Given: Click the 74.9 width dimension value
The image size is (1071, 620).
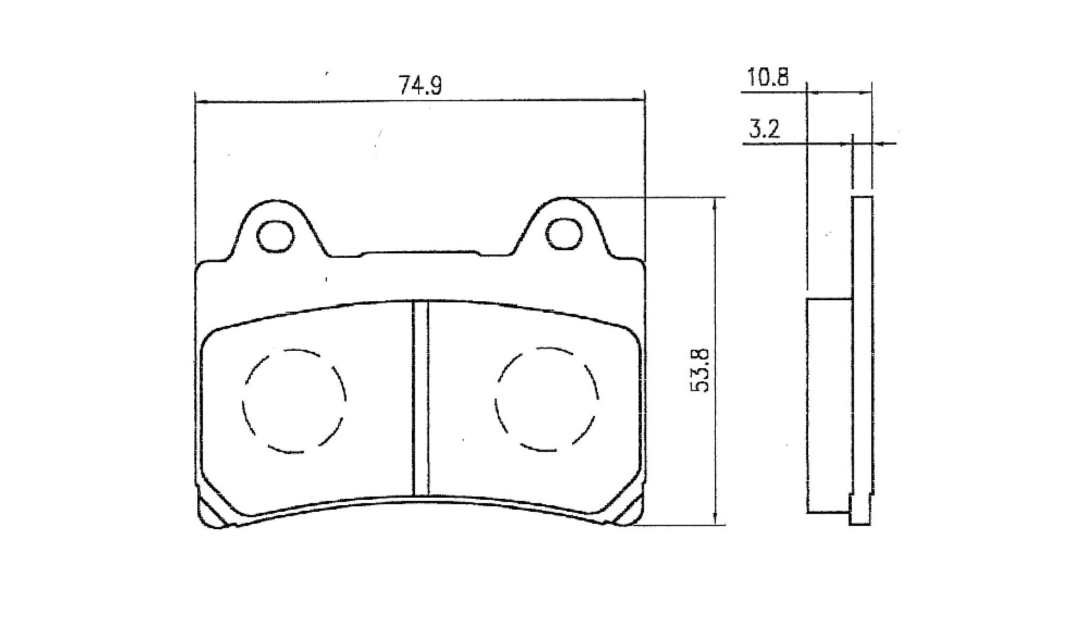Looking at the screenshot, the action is point(420,85).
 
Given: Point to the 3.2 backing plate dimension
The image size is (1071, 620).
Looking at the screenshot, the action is point(764,130).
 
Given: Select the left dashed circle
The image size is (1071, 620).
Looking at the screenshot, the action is point(294,401).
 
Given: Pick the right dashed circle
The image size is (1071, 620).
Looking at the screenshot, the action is point(547,400).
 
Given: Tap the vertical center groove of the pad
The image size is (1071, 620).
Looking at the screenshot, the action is point(420,398).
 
